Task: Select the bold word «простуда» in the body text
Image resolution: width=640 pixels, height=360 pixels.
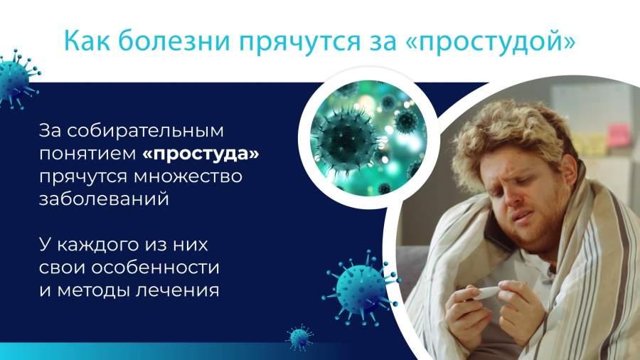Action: (x=201, y=154)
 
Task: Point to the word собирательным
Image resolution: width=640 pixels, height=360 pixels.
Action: (x=145, y=131)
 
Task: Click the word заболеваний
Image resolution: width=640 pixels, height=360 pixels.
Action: (x=104, y=199)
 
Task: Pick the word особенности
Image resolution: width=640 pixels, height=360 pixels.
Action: (x=155, y=268)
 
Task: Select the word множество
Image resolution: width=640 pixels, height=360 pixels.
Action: (x=188, y=176)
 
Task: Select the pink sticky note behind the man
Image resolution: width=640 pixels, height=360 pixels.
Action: (x=619, y=135)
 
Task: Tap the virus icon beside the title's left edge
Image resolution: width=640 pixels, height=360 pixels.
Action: (x=17, y=79)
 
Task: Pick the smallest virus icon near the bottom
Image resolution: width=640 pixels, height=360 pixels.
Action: (x=300, y=337)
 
